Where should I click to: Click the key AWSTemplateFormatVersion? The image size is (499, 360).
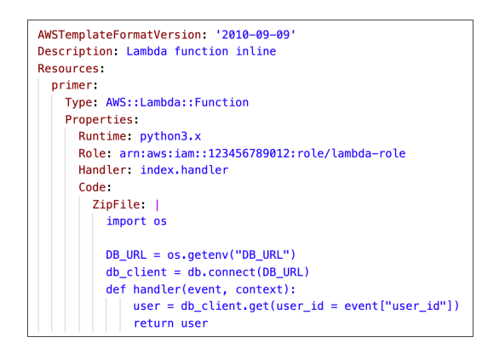coord(119,34)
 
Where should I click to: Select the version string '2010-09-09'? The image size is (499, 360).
coord(255,34)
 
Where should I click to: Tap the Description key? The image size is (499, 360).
coord(75,52)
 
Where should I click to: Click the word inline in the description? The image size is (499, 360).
coord(255,51)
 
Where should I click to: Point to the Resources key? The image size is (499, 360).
coord(68,68)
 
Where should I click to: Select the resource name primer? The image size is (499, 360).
coord(72,86)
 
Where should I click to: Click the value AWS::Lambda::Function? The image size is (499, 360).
coord(177,102)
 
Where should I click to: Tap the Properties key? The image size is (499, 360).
coord(99,120)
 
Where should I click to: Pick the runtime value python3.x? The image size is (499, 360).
coord(170,137)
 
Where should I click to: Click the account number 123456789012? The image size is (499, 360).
coord(249,153)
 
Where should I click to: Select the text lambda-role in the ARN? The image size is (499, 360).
coord(369,153)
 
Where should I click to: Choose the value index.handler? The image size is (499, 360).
coord(184,170)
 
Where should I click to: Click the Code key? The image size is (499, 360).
coord(92,187)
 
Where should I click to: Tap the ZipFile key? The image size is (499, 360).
coord(116,204)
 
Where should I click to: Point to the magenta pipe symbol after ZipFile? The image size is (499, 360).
coord(158,205)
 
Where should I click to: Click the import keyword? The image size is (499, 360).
coord(126,221)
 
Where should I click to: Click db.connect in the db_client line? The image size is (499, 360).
coord(221,272)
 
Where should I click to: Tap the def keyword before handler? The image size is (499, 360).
coord(116,289)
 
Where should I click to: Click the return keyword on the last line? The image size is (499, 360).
coord(154,323)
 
